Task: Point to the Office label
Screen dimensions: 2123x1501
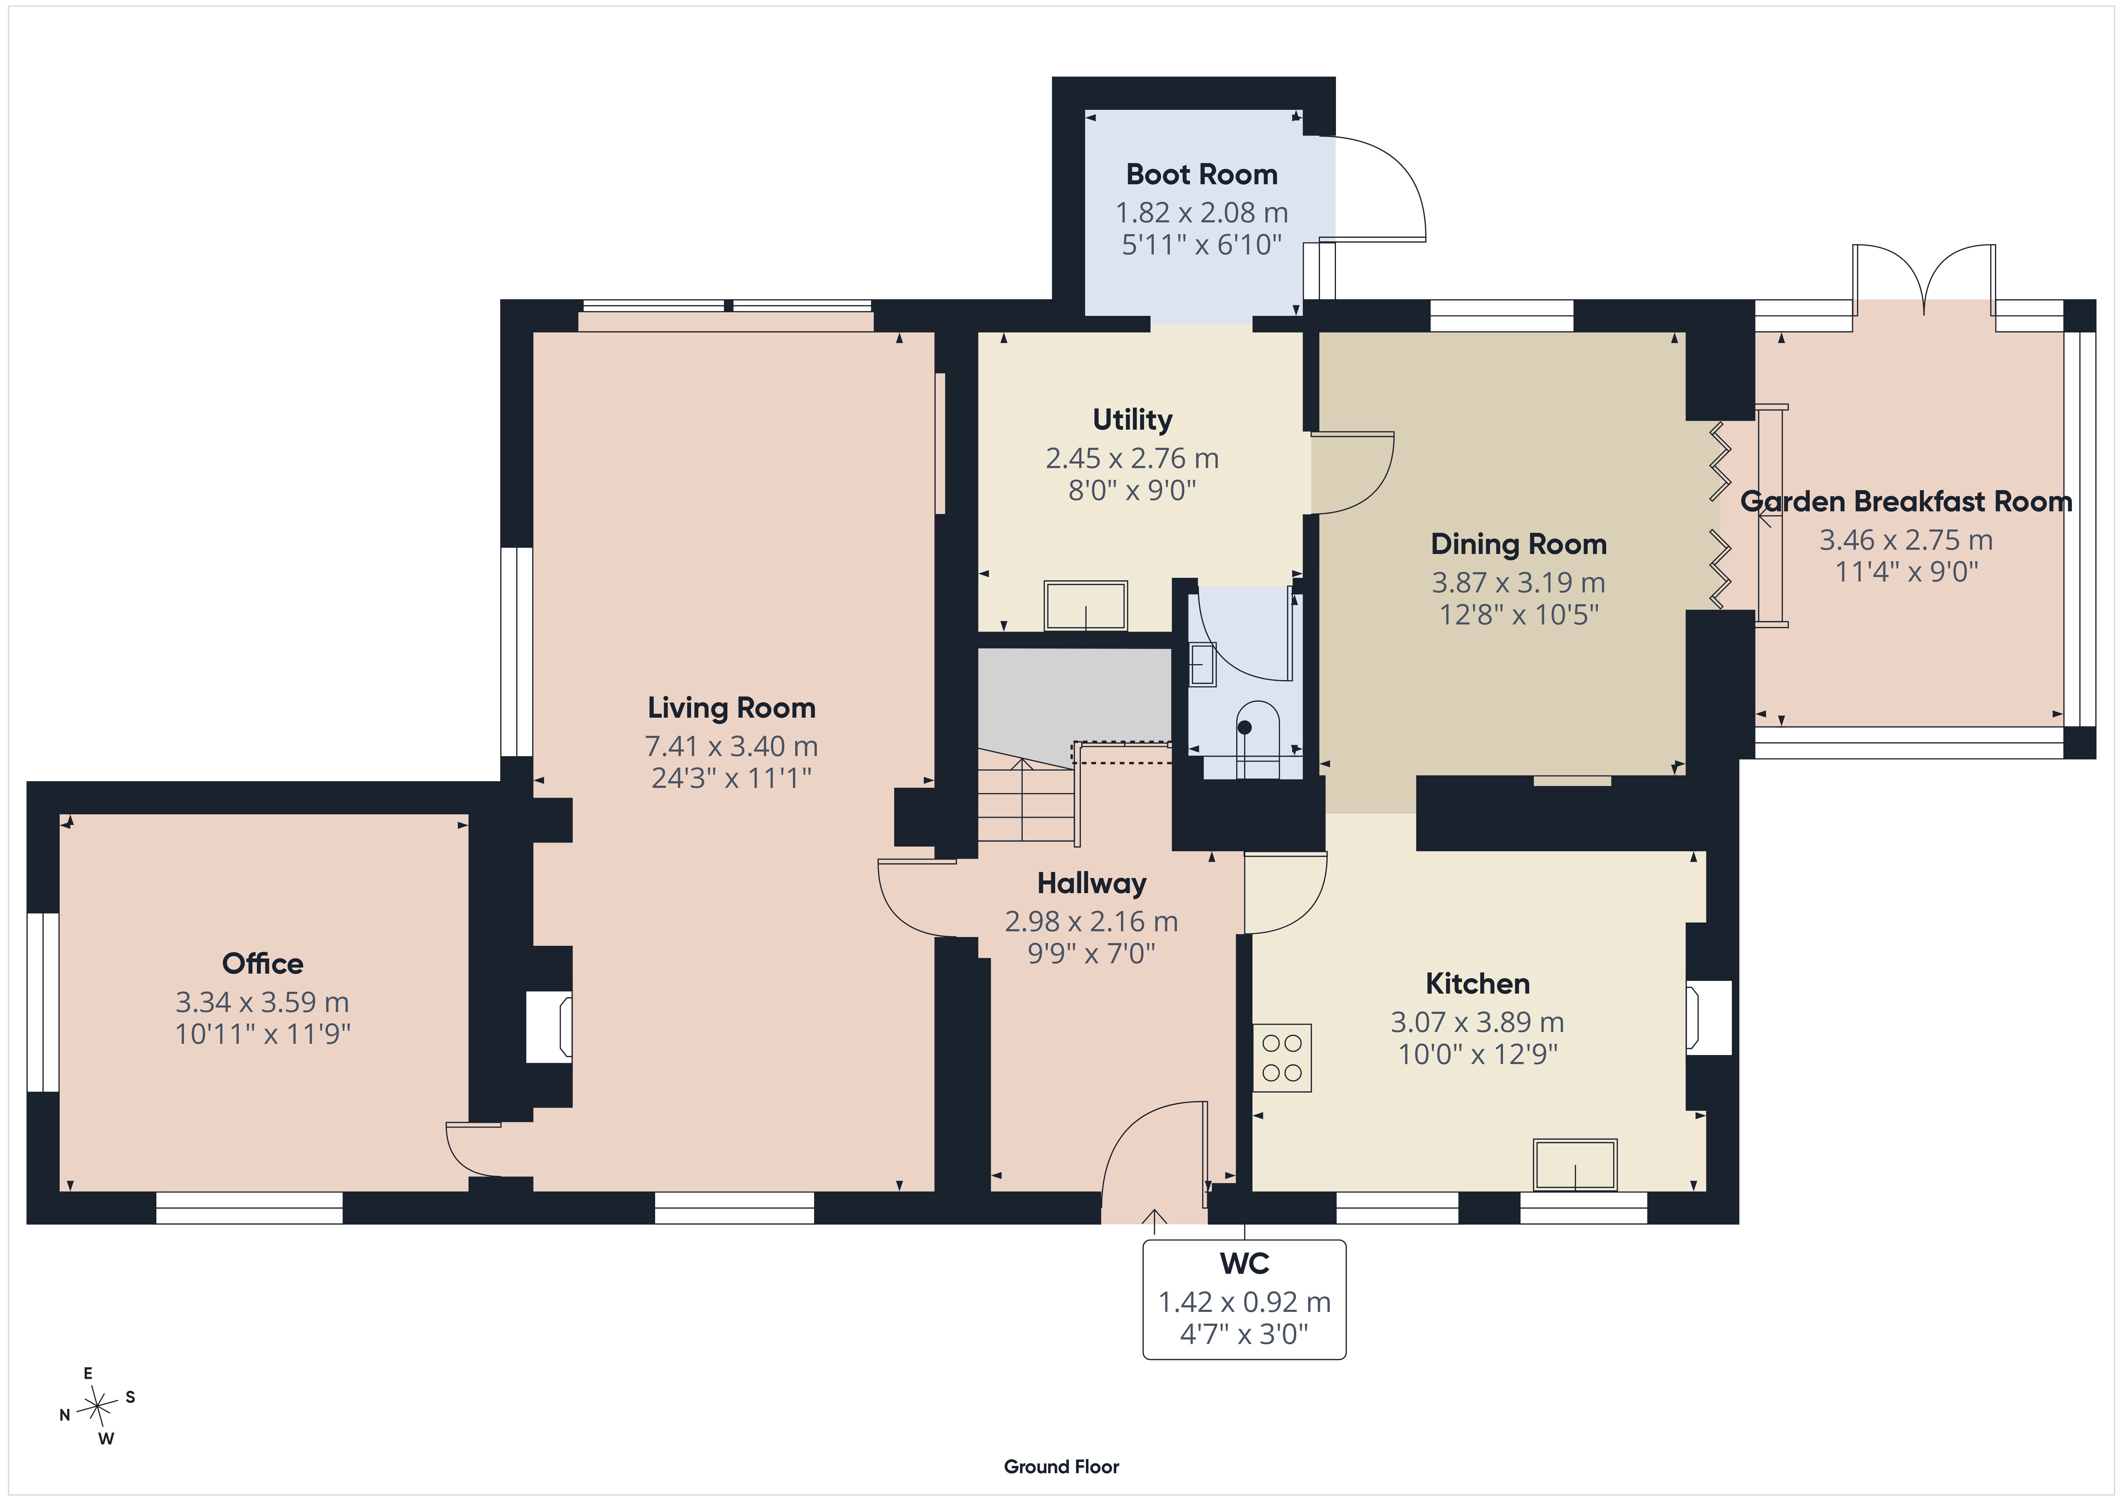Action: pos(263,964)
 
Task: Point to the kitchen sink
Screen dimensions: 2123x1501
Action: pos(1575,1164)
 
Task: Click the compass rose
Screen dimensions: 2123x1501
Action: pos(97,1407)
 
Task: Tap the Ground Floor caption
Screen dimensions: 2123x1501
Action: pos(1061,1467)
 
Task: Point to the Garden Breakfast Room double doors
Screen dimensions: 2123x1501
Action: pos(1923,277)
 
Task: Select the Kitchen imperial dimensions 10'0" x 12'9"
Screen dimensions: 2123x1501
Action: pos(1478,1054)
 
